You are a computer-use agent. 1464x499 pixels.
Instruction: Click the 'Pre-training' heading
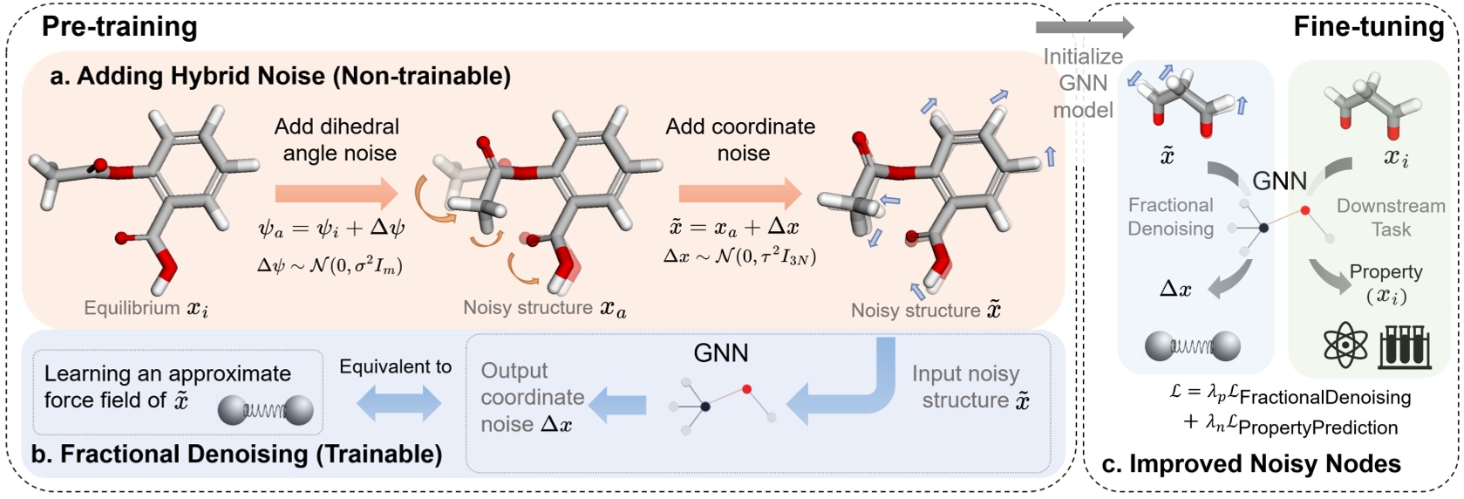[119, 26]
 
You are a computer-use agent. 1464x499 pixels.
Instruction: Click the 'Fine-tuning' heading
[1368, 26]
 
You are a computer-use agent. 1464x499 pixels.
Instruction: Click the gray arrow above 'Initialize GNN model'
[1085, 27]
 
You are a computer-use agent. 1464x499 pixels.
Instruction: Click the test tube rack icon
[1405, 345]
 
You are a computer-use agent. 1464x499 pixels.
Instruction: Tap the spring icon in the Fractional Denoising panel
[1192, 346]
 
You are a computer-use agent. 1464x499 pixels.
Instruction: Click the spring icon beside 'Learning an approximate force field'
[265, 409]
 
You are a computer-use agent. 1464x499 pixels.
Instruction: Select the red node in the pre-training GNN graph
[747, 389]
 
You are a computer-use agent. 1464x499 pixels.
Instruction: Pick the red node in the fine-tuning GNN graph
[1304, 210]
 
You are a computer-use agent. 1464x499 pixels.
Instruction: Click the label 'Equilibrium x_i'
[146, 308]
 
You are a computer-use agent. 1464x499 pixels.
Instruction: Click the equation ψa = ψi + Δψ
[331, 229]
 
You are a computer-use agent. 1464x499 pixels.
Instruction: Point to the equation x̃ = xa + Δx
[733, 227]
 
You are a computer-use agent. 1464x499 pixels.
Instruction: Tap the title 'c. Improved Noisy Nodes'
[1251, 464]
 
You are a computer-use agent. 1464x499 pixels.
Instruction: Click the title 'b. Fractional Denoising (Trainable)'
[236, 455]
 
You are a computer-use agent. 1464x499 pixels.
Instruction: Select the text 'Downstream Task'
[1390, 217]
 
